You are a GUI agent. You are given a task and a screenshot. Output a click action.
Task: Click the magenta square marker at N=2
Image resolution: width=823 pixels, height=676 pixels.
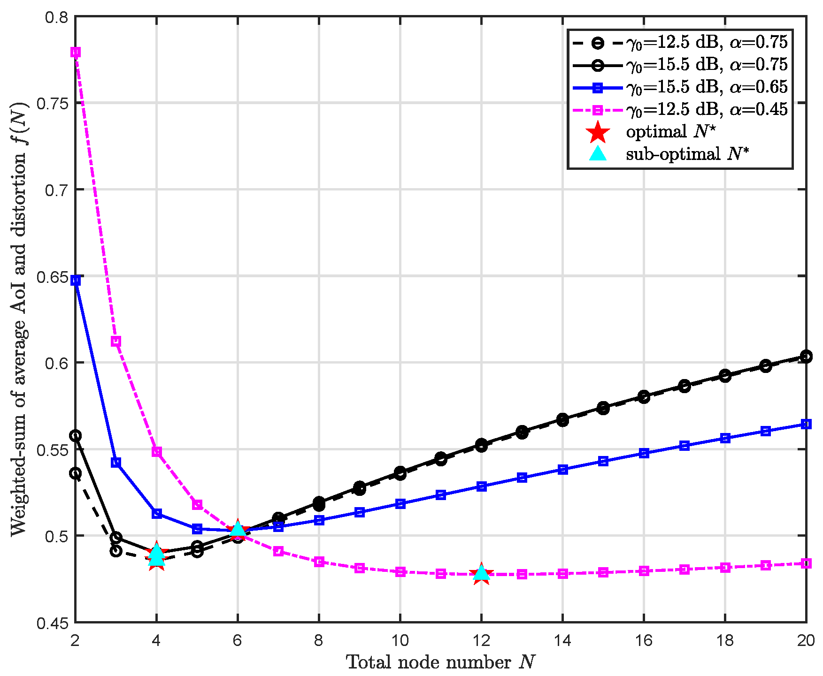[76, 52]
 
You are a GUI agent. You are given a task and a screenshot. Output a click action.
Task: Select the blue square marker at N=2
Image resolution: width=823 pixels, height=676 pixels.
[76, 281]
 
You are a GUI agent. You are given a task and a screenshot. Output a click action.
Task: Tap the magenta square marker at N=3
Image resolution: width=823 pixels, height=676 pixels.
[116, 342]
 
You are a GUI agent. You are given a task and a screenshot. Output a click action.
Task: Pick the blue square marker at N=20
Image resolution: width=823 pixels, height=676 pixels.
[806, 424]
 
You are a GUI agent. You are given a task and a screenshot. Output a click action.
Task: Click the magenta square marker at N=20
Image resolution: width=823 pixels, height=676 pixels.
[806, 563]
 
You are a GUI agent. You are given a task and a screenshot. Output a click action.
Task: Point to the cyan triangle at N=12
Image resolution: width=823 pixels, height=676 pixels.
[481, 572]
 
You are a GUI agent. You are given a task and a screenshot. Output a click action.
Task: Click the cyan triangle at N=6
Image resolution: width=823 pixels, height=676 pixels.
[238, 529]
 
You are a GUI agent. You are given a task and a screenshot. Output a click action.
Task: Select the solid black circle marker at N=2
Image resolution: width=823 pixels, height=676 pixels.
[76, 436]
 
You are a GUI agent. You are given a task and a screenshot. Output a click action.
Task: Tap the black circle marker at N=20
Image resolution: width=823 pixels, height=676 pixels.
[806, 357]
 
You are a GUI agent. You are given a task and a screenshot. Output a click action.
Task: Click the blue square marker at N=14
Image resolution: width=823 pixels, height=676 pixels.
[563, 470]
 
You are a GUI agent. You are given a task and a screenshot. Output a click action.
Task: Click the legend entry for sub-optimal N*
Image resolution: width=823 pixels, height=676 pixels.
[686, 154]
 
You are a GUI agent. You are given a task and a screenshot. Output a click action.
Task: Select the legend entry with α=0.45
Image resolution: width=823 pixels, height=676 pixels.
[706, 110]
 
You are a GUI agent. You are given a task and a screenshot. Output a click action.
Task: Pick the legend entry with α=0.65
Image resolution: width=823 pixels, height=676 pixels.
[706, 87]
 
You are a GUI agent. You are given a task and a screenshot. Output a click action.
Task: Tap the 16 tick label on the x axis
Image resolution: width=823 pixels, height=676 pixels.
[644, 640]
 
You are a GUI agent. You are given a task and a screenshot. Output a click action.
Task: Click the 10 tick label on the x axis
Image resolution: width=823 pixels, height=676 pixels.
[400, 640]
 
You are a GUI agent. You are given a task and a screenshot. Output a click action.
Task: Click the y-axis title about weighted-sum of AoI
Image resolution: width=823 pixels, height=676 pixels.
[19, 319]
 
